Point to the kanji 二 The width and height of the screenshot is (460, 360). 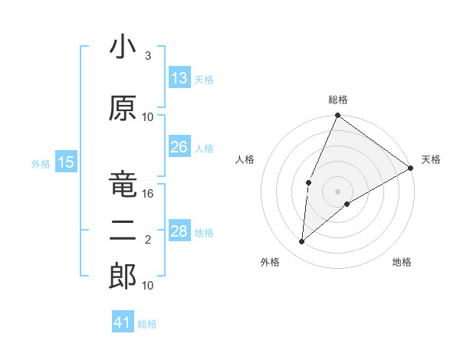pos(123,231)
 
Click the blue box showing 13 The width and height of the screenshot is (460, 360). pos(179,78)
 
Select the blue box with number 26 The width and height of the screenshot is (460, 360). pos(179,147)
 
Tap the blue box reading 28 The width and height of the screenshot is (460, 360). pos(179,231)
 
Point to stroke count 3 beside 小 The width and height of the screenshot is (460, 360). pos(148,56)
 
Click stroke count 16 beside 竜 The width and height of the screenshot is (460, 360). pos(148,194)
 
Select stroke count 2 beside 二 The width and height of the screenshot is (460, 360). pos(148,240)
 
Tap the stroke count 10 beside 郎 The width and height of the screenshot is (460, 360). pos(148,285)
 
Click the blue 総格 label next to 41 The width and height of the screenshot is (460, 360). pos(147,324)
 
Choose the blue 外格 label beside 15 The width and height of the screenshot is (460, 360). pos(41,163)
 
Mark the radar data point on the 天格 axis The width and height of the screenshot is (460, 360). pos(411,168)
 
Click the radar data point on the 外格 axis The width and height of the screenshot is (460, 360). pos(302,242)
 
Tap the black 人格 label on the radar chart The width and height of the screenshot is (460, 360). pos(245,159)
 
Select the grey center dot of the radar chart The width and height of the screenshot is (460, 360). pos(337,191)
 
